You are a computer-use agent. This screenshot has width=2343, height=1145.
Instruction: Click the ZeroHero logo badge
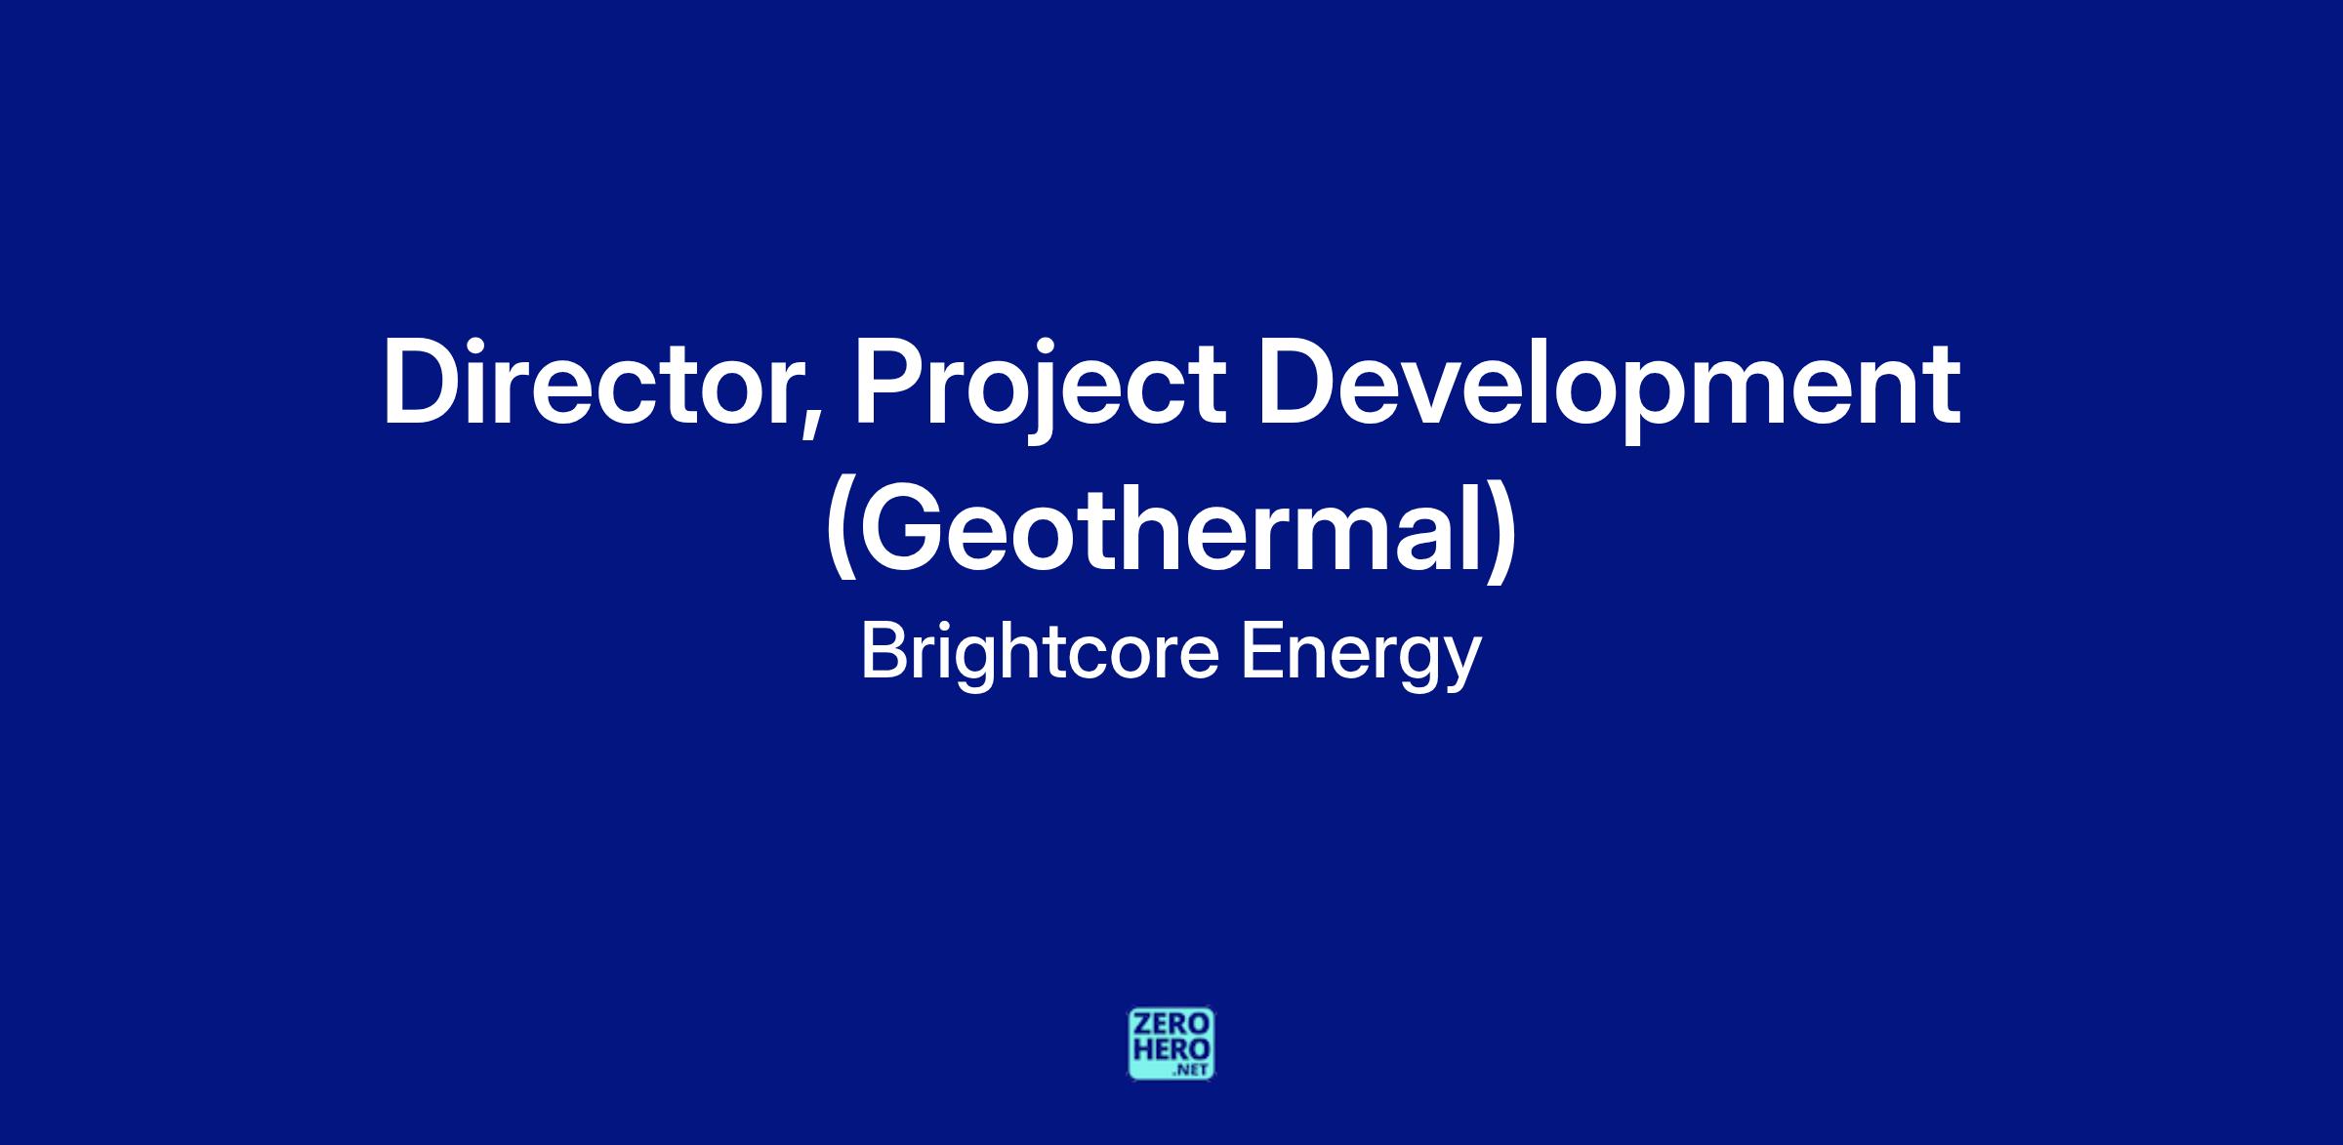pyautogui.click(x=1171, y=1044)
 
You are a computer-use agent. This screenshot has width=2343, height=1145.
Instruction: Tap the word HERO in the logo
pyautogui.click(x=1171, y=1051)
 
